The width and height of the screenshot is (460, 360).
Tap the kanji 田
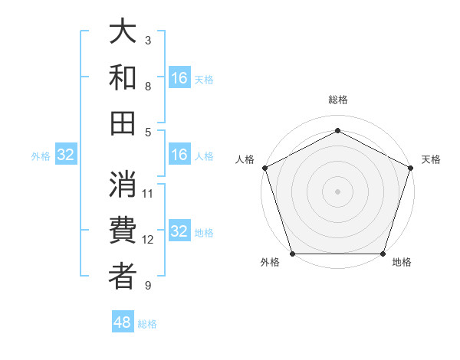click(123, 122)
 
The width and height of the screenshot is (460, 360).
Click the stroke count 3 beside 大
click(148, 40)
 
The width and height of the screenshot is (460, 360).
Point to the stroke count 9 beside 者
click(148, 286)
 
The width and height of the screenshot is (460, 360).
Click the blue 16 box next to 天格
click(179, 78)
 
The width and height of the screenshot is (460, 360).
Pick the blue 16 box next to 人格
click(179, 155)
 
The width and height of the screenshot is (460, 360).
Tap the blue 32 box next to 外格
click(66, 155)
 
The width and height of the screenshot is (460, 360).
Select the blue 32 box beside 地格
click(179, 232)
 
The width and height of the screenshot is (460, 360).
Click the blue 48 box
click(123, 322)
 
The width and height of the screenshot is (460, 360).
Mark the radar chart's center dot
click(337, 191)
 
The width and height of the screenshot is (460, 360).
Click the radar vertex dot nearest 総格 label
click(337, 130)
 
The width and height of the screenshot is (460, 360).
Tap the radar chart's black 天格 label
click(431, 159)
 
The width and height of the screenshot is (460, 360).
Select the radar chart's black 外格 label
click(270, 262)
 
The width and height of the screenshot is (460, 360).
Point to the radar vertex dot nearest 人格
click(265, 168)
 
